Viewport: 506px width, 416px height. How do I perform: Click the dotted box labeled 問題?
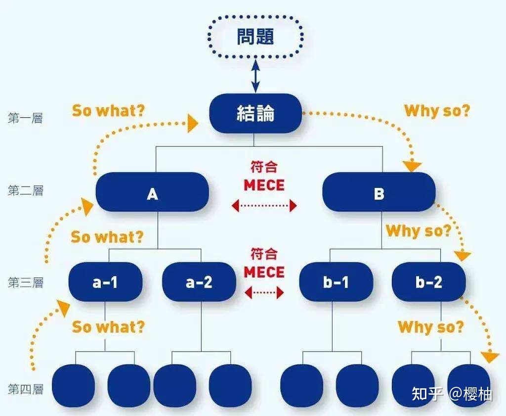(x=255, y=38)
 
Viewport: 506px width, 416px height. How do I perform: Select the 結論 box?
(x=255, y=113)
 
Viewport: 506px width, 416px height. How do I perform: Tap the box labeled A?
(x=152, y=193)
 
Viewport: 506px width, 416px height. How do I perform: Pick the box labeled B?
(x=379, y=193)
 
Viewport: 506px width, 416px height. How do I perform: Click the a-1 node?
(x=105, y=282)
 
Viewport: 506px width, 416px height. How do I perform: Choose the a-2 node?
(x=199, y=282)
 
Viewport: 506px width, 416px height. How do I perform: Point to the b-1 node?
(x=337, y=282)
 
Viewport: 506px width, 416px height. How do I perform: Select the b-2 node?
(x=428, y=282)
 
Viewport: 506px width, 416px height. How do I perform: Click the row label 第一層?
(x=25, y=118)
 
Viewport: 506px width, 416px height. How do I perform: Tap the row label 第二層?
(x=25, y=190)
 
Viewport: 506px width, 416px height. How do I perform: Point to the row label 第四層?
(x=25, y=389)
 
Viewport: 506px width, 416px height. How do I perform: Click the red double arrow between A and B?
(x=264, y=205)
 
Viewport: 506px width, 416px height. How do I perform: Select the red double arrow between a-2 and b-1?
(x=264, y=293)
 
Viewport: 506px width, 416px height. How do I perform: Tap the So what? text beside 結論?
(x=109, y=110)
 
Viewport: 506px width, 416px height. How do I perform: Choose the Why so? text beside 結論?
(x=437, y=110)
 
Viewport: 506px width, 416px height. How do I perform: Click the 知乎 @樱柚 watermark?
(x=452, y=394)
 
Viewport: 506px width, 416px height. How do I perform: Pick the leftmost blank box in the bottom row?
(x=73, y=386)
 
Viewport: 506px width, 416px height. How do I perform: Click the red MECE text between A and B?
(x=264, y=185)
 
